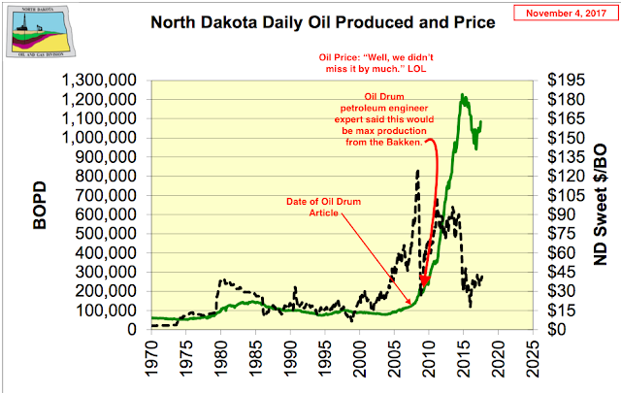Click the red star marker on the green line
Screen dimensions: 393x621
(x=424, y=278)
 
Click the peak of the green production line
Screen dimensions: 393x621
(x=462, y=95)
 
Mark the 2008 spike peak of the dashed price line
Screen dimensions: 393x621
(x=418, y=171)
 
